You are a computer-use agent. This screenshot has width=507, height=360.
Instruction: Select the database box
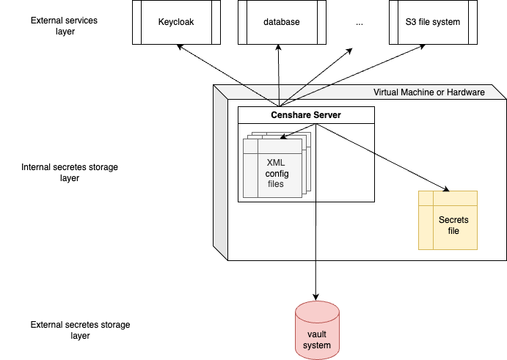[x=282, y=22]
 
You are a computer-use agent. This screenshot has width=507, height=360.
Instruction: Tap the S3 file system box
[x=433, y=22]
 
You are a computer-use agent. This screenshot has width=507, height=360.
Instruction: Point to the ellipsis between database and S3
[x=360, y=23]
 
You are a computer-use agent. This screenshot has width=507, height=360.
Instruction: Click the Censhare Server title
[x=306, y=115]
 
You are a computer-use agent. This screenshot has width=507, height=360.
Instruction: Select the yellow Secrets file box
[x=448, y=220]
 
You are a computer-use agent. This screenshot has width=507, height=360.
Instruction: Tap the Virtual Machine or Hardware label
[x=429, y=92]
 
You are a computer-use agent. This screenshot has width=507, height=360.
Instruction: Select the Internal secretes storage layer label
[x=70, y=172]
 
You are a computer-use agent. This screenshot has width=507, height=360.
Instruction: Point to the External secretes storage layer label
[x=81, y=329]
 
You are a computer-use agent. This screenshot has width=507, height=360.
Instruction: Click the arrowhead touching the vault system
[x=316, y=295]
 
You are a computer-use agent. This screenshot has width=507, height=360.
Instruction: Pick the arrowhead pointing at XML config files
[x=284, y=135]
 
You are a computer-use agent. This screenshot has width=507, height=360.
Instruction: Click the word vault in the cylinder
[x=317, y=334]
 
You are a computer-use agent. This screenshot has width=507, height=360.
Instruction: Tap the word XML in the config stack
[x=276, y=162]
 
